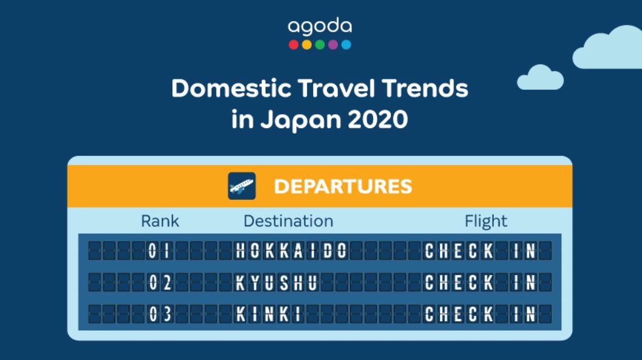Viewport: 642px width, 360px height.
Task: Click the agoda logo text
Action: point(320,27)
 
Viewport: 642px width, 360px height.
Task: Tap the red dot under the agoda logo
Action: point(294,44)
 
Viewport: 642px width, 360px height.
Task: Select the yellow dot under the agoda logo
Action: point(307,44)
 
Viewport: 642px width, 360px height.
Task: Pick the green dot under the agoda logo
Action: point(320,44)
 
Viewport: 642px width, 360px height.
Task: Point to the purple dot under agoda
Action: point(333,44)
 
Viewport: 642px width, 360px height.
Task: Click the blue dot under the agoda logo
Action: point(346,44)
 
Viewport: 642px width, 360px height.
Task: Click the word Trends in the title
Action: point(424,89)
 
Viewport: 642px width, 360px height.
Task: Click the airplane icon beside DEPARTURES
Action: point(242,186)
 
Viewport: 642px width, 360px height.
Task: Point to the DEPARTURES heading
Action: point(343,186)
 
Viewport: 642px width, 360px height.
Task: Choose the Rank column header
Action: point(160,221)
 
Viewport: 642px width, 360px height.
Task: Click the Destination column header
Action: point(288,221)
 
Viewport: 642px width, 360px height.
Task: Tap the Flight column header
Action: point(486,221)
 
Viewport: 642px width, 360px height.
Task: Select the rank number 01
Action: point(160,250)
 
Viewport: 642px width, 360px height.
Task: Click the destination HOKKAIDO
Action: point(291,250)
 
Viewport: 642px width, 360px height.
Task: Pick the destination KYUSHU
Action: point(277,282)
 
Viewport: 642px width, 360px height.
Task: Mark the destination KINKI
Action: point(269,314)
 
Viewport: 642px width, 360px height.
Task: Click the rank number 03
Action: point(160,314)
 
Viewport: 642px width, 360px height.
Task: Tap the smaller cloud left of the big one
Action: point(540,77)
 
